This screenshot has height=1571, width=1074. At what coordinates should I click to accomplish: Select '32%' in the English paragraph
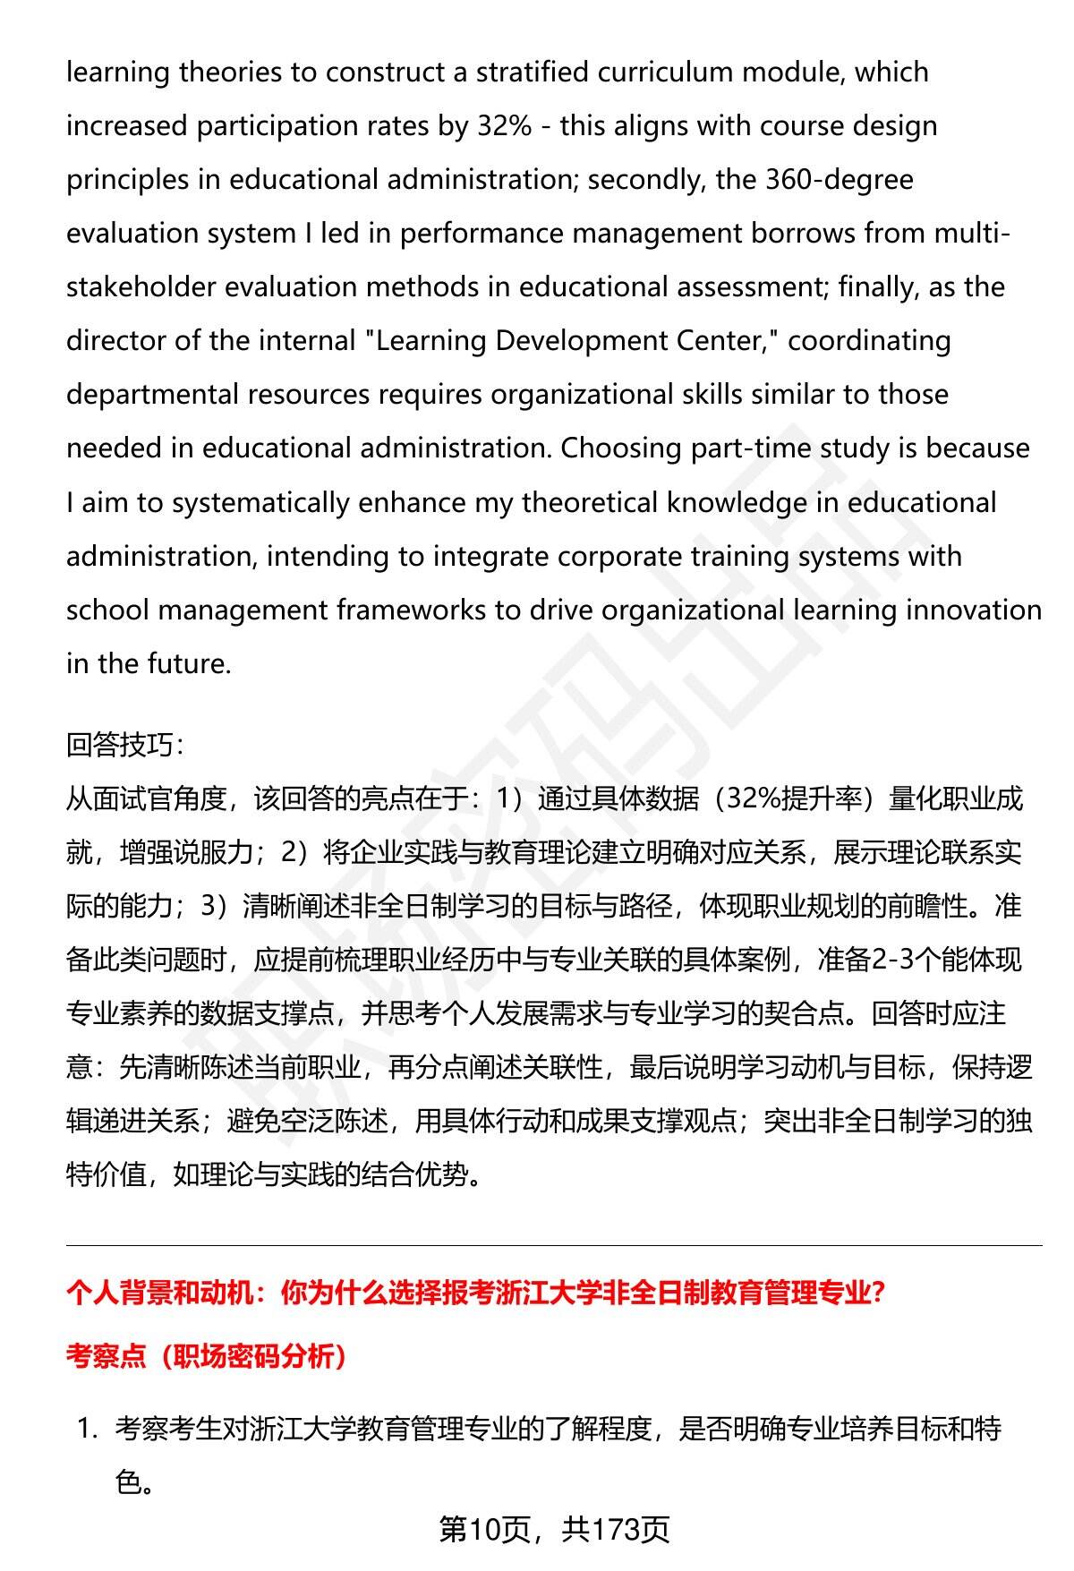tap(504, 125)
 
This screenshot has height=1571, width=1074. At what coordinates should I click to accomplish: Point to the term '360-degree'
tap(840, 179)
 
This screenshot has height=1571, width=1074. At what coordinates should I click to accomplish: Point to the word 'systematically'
tap(260, 502)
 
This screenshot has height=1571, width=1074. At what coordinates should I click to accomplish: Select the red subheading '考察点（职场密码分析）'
tap(207, 1356)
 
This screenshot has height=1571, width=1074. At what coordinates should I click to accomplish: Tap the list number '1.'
tap(87, 1429)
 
